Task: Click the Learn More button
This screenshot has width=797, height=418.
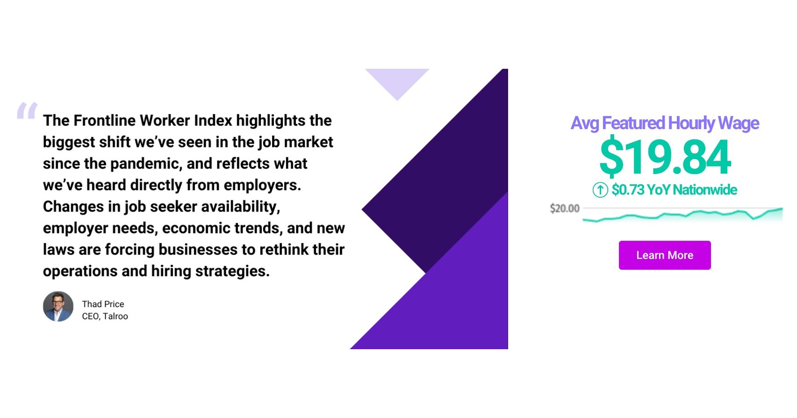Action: tap(664, 255)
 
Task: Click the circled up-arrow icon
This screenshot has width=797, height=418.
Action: tap(600, 190)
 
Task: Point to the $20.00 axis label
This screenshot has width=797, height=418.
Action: tap(564, 208)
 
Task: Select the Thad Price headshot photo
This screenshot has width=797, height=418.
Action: tap(58, 307)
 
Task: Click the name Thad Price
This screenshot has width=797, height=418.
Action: tap(103, 304)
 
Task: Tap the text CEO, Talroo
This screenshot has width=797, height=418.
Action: tap(105, 316)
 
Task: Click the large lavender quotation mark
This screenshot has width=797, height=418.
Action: tap(27, 111)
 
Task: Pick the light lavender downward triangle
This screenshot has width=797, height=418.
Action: tap(397, 81)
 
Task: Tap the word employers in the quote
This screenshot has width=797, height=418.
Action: tap(262, 185)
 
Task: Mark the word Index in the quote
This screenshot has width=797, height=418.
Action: tap(213, 121)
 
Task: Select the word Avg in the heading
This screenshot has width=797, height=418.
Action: tap(584, 123)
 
